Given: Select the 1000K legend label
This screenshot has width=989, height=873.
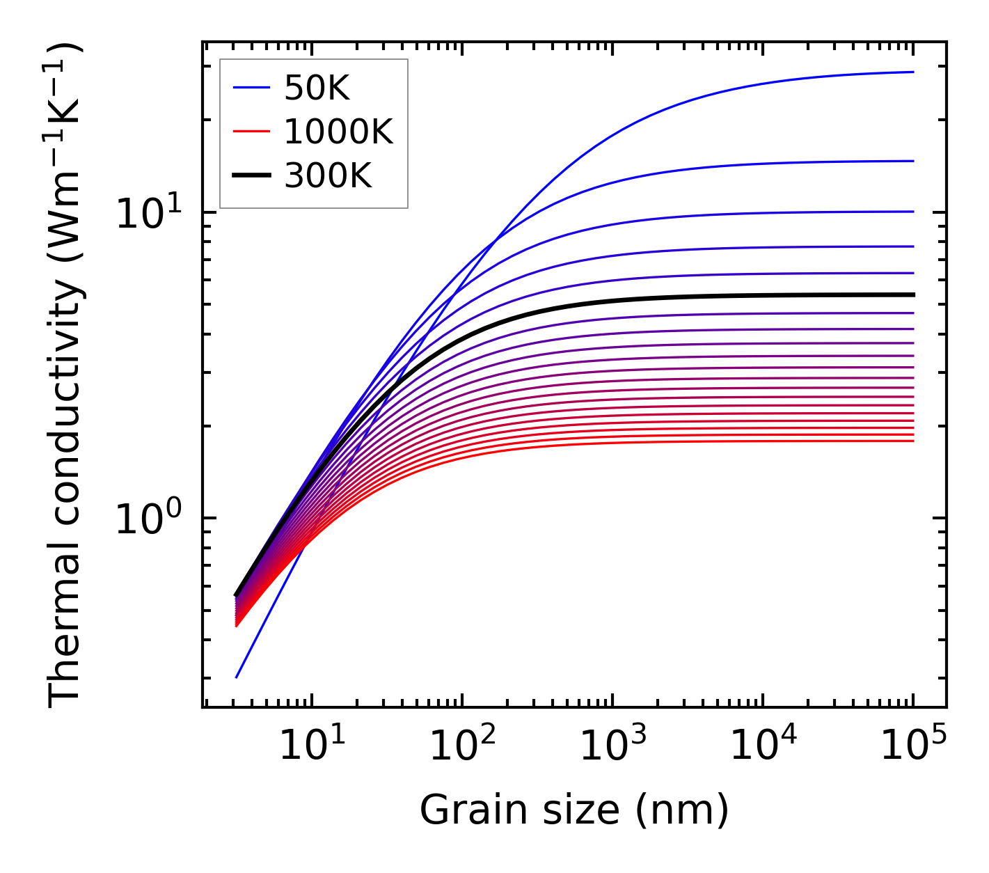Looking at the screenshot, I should coord(338,132).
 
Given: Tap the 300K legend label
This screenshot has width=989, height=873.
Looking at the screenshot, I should coord(328,176).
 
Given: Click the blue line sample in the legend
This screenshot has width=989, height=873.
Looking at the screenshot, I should coord(251,88).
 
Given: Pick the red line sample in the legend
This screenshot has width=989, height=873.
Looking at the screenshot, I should coord(251,132).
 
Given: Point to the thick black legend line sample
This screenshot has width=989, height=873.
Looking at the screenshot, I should coord(251,176).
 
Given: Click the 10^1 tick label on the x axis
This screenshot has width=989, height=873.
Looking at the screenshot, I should coord(311,747).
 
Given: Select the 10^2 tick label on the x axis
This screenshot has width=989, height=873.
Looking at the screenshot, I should coord(462,747).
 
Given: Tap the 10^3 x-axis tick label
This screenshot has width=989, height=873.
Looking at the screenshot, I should coord(612,747).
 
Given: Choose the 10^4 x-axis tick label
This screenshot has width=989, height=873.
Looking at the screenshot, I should coord(763,747).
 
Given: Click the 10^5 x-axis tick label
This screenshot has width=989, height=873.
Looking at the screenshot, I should coord(913,747).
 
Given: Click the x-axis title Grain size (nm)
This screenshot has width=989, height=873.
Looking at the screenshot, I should coord(574,810).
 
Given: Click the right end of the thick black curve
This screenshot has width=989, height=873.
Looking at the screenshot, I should coord(913,295).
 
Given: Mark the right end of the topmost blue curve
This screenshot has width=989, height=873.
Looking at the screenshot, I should coord(913,72).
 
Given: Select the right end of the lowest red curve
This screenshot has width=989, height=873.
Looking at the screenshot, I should coord(913,441).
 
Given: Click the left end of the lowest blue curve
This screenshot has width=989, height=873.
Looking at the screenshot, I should coord(237,677).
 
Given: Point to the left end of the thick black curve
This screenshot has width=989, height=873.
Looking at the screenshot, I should coord(236,595).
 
